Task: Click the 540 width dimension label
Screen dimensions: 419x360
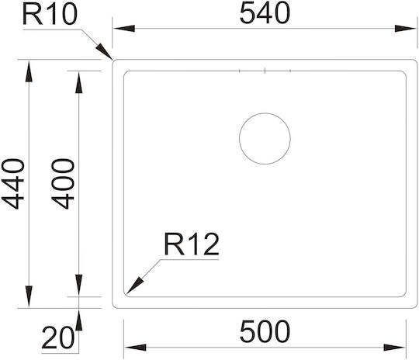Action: click(265, 13)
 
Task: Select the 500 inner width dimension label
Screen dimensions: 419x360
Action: click(265, 331)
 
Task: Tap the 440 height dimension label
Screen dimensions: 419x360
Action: click(13, 184)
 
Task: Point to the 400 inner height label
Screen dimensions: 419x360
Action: click(63, 184)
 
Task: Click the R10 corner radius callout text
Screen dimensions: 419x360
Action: click(50, 15)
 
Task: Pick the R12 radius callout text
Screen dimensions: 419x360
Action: click(192, 244)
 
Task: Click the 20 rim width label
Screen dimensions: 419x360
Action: click(57, 337)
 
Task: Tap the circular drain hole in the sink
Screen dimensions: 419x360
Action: click(265, 113)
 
